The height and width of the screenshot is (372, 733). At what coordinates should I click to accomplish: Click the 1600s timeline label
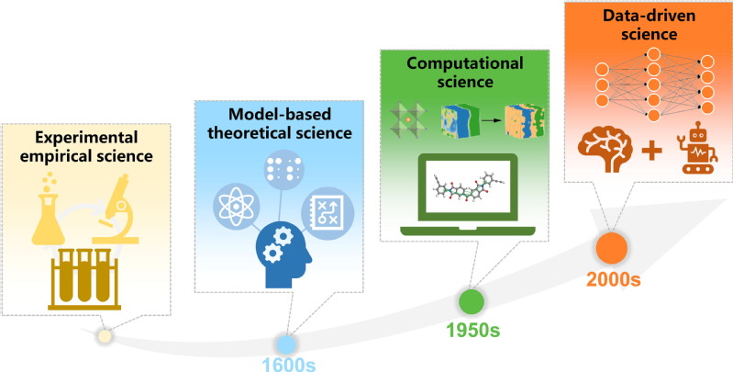[x=289, y=365]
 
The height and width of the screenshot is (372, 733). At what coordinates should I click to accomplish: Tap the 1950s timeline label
[x=473, y=331]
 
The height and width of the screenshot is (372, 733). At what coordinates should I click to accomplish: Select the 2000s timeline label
[x=614, y=279]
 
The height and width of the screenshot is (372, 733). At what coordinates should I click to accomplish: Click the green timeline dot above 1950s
[x=472, y=302]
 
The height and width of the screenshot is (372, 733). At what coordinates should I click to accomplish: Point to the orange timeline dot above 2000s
[x=612, y=248]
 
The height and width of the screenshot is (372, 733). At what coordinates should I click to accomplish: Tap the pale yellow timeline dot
[x=106, y=336]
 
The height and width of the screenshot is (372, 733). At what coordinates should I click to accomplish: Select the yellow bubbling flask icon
[x=48, y=209]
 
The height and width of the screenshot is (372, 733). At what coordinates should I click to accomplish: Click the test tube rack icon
[x=84, y=279]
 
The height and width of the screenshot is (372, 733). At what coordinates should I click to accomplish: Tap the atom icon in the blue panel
[x=236, y=206]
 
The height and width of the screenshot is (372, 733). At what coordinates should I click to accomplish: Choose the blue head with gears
[x=283, y=254]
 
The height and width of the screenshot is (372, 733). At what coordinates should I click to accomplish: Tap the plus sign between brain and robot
[x=651, y=151]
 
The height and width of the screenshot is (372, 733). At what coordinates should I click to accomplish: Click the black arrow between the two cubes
[x=489, y=120]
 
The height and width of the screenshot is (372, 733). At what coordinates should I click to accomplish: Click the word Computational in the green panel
[x=465, y=63]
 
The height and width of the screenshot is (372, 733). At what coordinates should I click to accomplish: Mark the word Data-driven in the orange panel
[x=649, y=16]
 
